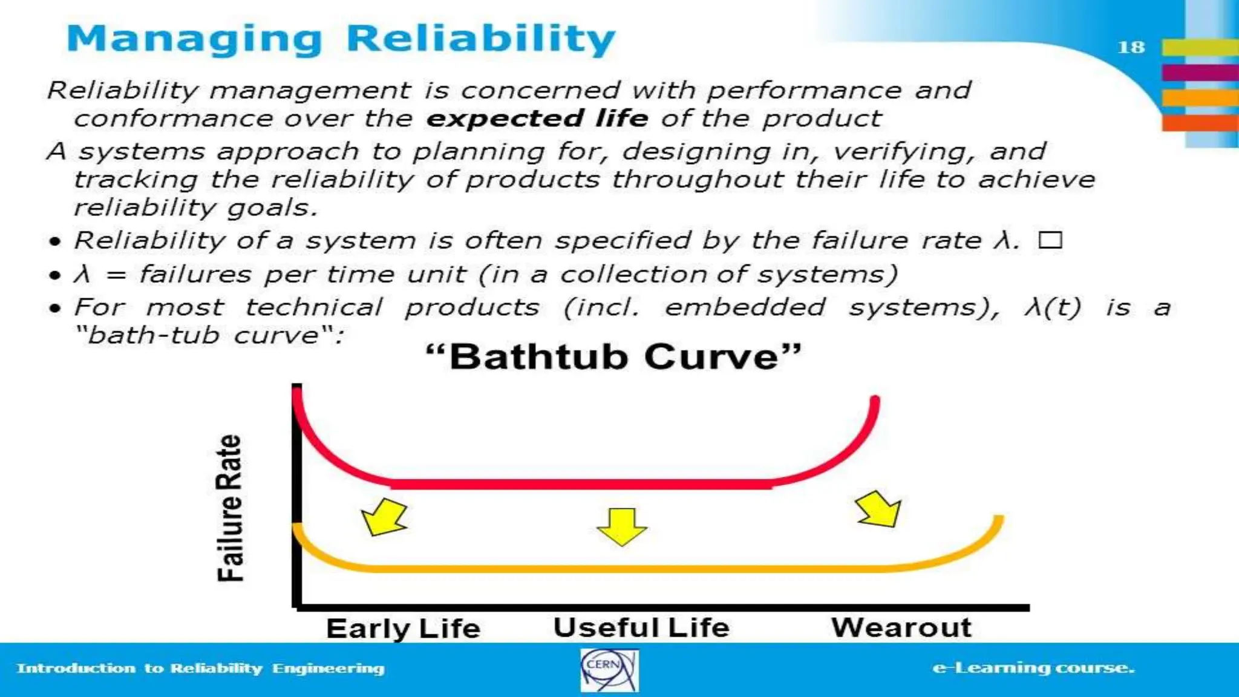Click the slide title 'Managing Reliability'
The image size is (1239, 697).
[x=341, y=39]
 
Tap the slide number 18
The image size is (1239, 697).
[x=1131, y=47]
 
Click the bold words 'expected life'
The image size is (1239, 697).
[x=537, y=119]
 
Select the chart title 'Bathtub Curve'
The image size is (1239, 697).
[x=613, y=356]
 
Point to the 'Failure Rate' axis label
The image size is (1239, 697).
[x=230, y=508]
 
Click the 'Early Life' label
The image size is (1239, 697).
[x=403, y=628]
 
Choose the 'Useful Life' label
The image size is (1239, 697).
[x=641, y=627]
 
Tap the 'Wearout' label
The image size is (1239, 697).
[x=901, y=627]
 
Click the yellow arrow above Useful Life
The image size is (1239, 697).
[x=622, y=526]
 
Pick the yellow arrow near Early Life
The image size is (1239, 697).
[x=385, y=517]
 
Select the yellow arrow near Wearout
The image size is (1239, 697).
[x=879, y=509]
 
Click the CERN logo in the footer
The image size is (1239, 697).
[x=609, y=670]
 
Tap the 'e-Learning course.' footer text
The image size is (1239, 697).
[x=1033, y=668]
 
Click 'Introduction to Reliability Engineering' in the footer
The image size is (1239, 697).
[x=201, y=668]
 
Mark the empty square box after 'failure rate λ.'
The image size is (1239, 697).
[x=1050, y=240]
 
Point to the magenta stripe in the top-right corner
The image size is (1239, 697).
[x=1200, y=72]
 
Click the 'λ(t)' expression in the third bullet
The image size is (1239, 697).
[x=1053, y=307]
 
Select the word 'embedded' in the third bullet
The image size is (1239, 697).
[x=745, y=307]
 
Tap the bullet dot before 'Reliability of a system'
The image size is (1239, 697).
[x=55, y=242]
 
